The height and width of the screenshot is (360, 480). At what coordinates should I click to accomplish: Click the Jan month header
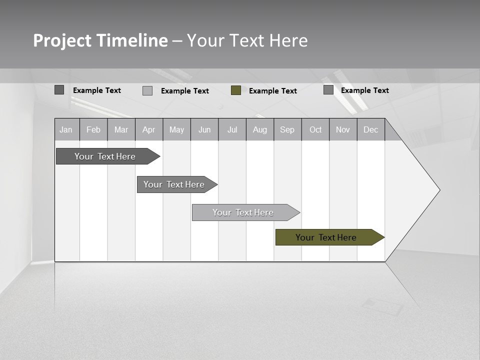pos(66,130)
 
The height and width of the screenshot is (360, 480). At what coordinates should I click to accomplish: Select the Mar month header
pos(121,130)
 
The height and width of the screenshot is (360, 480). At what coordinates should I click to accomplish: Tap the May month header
pos(176,130)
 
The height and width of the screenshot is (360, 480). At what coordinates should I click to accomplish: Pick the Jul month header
pos(232,130)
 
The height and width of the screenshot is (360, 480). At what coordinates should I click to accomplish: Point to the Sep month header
pos(287,130)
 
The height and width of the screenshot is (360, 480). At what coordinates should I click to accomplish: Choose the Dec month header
pos(370,130)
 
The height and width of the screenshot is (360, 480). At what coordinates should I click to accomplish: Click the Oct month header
pos(315,130)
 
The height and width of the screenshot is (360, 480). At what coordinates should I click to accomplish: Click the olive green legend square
pos(236,90)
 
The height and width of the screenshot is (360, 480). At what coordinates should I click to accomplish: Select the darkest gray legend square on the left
pos(59,90)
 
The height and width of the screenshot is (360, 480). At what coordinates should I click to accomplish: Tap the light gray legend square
pos(147,90)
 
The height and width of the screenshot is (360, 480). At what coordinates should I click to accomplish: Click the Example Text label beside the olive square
pos(272,91)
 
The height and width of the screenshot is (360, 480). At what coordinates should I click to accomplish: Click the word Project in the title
pos(62,40)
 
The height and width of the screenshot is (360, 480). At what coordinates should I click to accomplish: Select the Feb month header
pos(93,130)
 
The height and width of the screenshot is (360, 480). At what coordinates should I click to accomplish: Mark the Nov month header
pos(343,130)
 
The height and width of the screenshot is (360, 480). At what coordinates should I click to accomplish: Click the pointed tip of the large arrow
pos(438,190)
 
